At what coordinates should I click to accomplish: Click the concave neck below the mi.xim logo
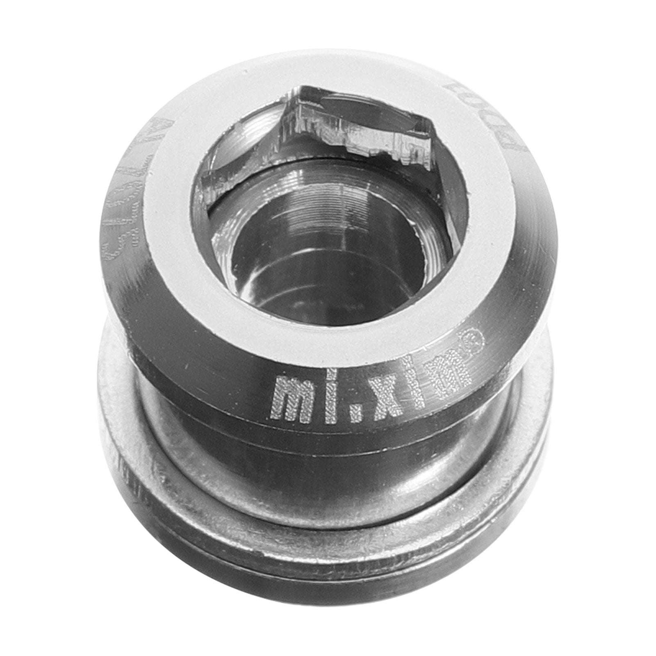pos(328,463)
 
